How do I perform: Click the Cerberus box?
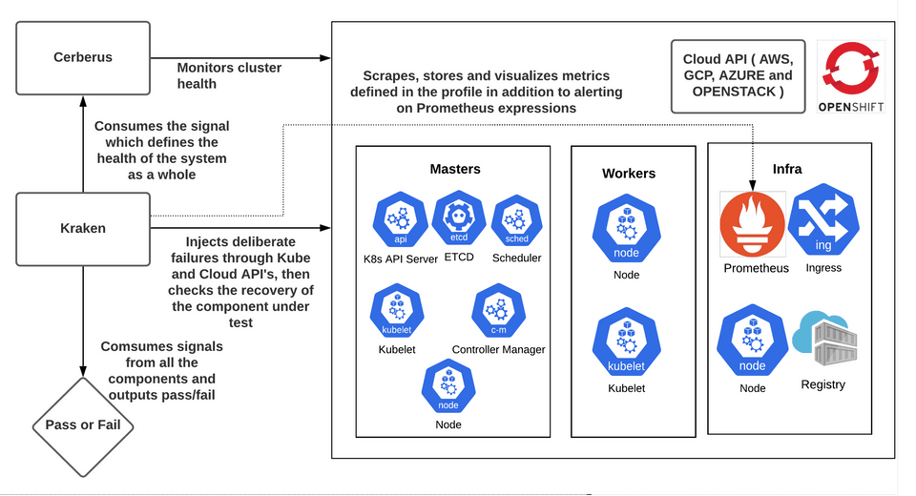coord(83,57)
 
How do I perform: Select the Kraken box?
coord(83,228)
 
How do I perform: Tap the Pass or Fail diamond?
coord(84,424)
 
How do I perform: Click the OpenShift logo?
coord(851,75)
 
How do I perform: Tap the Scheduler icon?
coord(516,220)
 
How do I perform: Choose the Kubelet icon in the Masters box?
coord(396,312)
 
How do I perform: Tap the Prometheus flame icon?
coord(753,224)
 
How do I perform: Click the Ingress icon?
coord(822,223)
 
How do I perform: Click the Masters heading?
coord(454,169)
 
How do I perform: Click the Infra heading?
coord(786,169)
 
